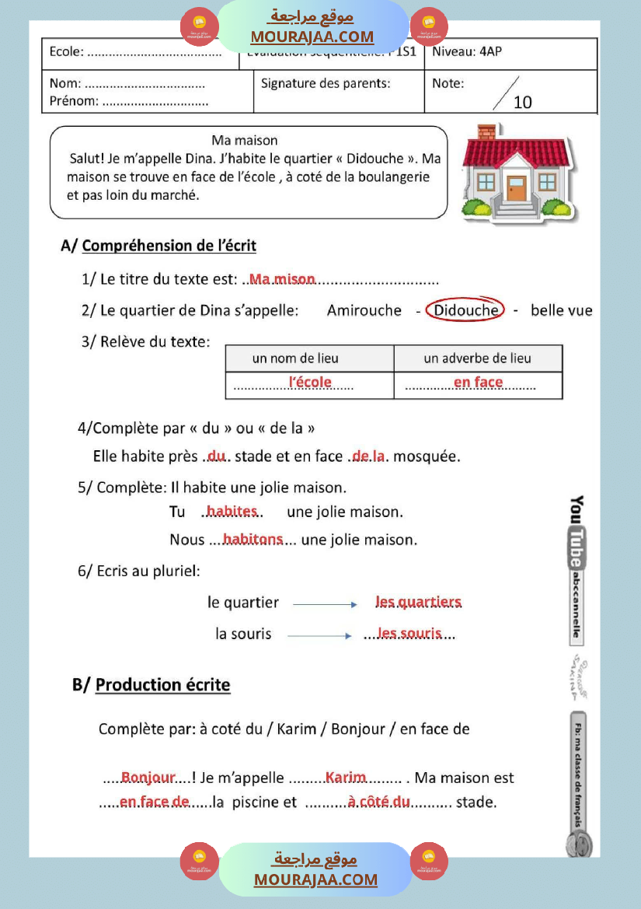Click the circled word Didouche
pyautogui.click(x=465, y=310)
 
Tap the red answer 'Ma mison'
pyautogui.click(x=282, y=279)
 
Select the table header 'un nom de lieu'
pyautogui.click(x=295, y=358)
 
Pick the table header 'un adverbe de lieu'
pyautogui.click(x=477, y=358)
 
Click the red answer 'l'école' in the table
pyautogui.click(x=310, y=382)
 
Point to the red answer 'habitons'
pyautogui.click(x=253, y=539)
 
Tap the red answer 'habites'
pyautogui.click(x=232, y=511)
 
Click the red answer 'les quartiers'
pyautogui.click(x=418, y=602)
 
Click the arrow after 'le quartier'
pyautogui.click(x=325, y=604)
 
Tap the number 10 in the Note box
pyautogui.click(x=523, y=102)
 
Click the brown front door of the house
pyautogui.click(x=515, y=188)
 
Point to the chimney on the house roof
pyautogui.click(x=486, y=132)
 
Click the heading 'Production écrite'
pyautogui.click(x=162, y=685)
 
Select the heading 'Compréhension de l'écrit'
pyautogui.click(x=169, y=246)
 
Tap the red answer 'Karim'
pyautogui.click(x=346, y=778)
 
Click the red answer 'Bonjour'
pyautogui.click(x=148, y=778)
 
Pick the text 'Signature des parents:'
pyautogui.click(x=326, y=83)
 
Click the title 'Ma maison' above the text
pyautogui.click(x=245, y=141)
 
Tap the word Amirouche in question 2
pyautogui.click(x=364, y=311)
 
